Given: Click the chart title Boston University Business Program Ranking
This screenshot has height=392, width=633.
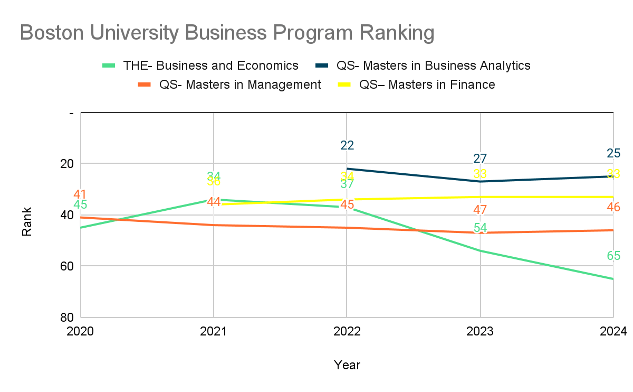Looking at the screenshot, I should (227, 33).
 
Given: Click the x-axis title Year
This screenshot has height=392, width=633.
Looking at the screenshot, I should (347, 365).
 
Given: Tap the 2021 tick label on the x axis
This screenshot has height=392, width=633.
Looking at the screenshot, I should (214, 332).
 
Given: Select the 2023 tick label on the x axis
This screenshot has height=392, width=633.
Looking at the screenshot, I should (480, 332).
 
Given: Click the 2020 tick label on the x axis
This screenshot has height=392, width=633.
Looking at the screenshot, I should (81, 332).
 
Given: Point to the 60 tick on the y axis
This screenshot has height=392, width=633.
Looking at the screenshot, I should (66, 266).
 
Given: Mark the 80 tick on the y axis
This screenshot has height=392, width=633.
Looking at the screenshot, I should (66, 317).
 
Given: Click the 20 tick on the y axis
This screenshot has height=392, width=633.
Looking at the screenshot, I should (66, 163).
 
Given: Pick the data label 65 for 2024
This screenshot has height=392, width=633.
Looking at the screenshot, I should (613, 256).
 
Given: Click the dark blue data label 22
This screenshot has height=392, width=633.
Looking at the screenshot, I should (347, 145).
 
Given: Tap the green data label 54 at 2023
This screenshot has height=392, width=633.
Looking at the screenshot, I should (480, 228).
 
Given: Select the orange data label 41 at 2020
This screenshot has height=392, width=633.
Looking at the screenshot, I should (81, 194).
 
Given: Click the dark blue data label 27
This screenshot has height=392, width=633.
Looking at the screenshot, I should (480, 158).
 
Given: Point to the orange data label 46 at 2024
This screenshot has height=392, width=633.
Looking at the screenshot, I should (613, 207).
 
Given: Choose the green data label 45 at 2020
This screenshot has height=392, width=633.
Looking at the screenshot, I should (81, 205).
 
